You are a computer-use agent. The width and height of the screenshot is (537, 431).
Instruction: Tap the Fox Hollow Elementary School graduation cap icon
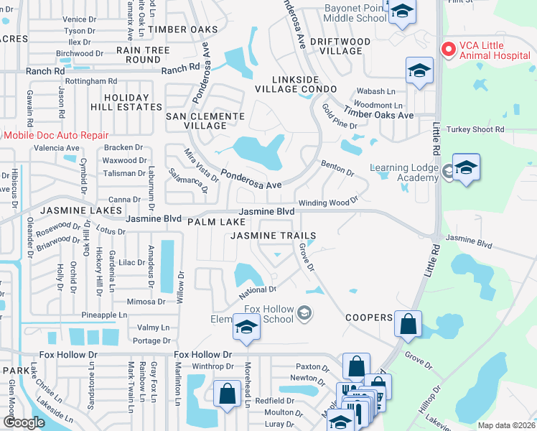[x=246, y=328]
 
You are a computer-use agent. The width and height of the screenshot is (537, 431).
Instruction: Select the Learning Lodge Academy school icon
[x=466, y=169]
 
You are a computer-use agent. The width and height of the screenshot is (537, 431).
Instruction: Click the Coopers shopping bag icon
[x=408, y=323]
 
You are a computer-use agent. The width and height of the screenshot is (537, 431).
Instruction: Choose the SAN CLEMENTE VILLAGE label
[x=195, y=121]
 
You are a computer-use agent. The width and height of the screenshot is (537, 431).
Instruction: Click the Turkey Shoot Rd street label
[x=475, y=129]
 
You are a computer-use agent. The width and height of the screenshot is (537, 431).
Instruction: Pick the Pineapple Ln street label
[x=103, y=315]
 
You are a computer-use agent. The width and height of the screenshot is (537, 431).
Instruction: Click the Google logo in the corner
[x=24, y=422]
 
